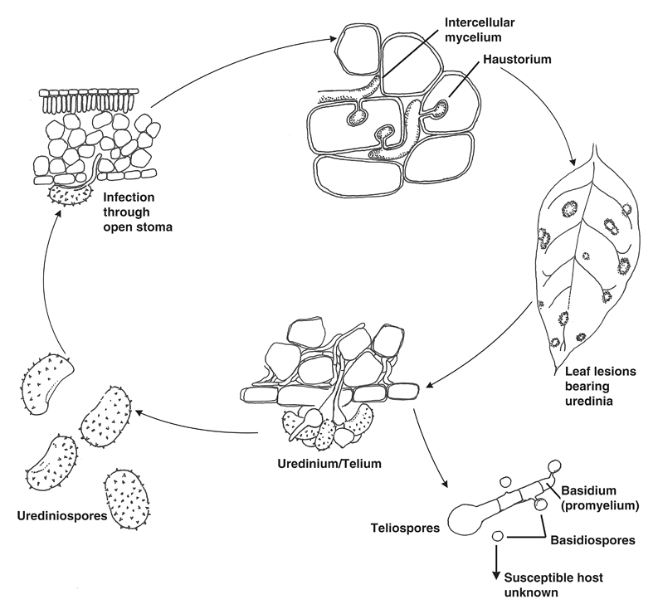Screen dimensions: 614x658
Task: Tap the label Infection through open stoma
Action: click(137, 211)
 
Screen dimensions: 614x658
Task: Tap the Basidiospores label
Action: click(592, 540)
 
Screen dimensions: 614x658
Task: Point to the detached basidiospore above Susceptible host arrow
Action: click(498, 538)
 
